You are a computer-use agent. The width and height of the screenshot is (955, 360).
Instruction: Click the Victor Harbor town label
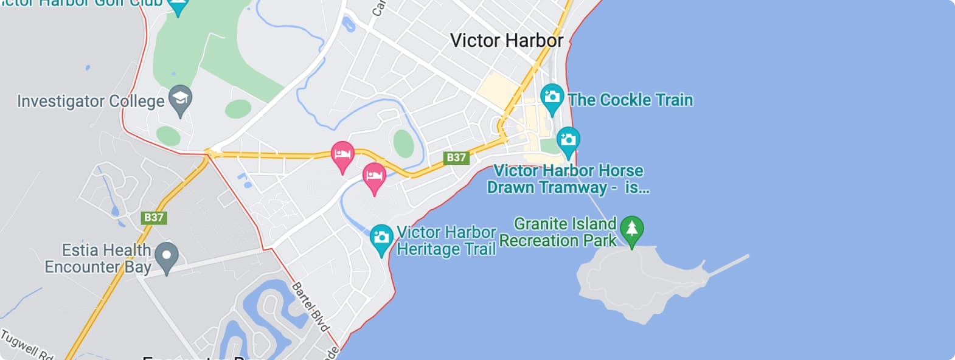(x=506, y=41)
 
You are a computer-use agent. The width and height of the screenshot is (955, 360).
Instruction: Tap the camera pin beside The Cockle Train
(x=552, y=98)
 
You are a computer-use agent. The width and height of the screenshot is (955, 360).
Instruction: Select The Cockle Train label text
(x=630, y=100)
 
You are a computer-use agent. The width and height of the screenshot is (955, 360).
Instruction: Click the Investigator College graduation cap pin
(x=179, y=100)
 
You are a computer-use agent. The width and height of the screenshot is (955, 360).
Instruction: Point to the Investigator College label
(x=91, y=101)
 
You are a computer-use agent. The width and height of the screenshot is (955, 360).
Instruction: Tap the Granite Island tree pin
(x=631, y=230)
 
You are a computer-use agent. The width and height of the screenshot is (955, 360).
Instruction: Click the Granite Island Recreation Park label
(x=558, y=232)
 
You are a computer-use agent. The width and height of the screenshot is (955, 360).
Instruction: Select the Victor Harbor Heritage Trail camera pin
(x=381, y=238)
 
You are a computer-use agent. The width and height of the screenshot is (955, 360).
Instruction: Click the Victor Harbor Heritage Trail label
(x=446, y=241)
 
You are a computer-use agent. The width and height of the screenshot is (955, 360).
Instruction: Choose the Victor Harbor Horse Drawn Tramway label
(x=568, y=179)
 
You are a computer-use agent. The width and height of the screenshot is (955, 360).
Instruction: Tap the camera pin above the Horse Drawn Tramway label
(x=568, y=141)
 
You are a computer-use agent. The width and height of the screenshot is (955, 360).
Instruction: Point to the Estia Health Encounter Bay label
(x=98, y=258)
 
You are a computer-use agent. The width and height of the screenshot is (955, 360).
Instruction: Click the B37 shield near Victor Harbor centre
(x=456, y=157)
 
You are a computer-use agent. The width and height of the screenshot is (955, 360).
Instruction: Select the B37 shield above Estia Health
(x=154, y=217)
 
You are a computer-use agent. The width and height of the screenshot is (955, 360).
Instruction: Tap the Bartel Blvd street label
(x=310, y=306)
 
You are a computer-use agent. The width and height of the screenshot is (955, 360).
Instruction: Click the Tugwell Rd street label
(x=27, y=345)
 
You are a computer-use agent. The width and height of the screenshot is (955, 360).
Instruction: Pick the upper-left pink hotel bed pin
(x=342, y=155)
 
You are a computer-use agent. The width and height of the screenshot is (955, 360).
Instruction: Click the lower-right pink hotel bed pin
(x=374, y=176)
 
